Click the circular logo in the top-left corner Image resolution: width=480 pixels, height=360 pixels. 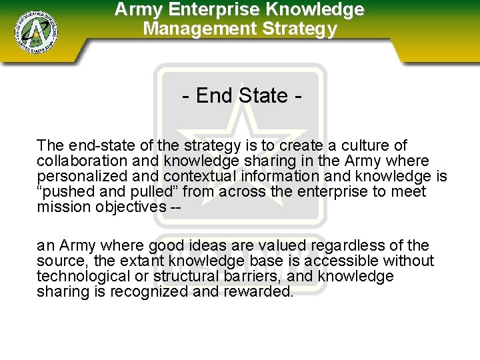click(x=37, y=31)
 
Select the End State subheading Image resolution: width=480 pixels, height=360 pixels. click(x=242, y=96)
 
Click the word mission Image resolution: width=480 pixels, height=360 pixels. click(x=61, y=207)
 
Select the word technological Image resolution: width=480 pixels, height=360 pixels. click(x=82, y=277)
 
